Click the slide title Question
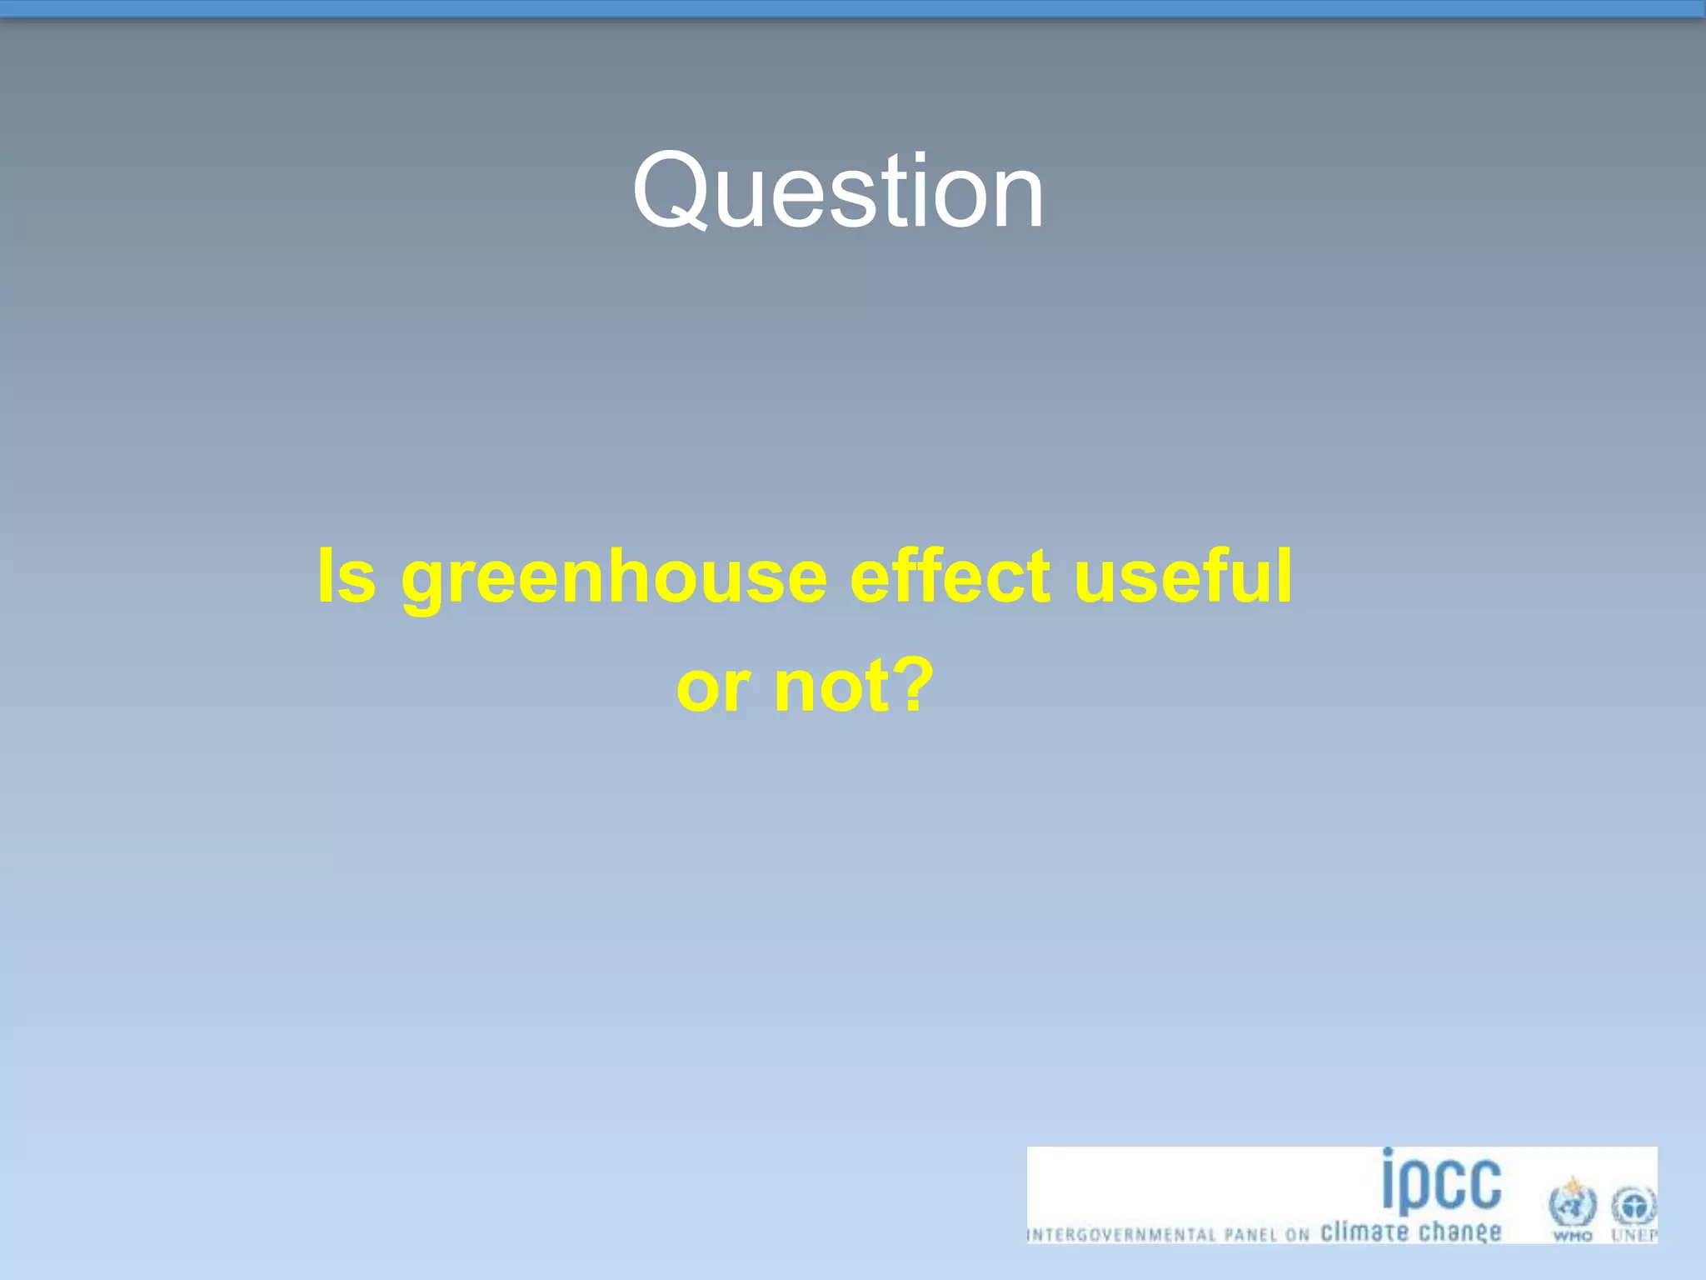(x=838, y=192)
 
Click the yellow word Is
(x=347, y=577)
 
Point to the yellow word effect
(x=950, y=577)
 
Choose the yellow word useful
(x=1184, y=577)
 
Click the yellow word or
(x=713, y=688)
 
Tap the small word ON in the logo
(x=1298, y=1235)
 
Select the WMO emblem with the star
(x=1572, y=1203)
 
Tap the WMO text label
(x=1572, y=1236)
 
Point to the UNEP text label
(x=1634, y=1236)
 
